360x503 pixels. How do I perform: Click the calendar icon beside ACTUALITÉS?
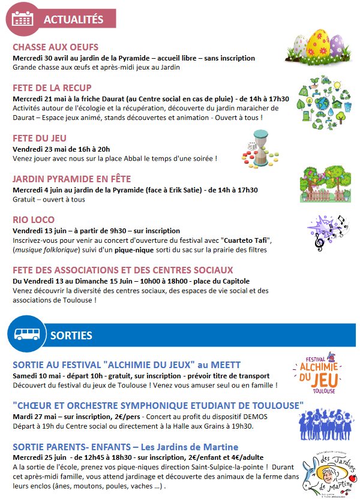click(23, 19)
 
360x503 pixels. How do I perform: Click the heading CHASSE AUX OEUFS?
click(55, 47)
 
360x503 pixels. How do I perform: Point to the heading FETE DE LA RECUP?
click(52, 88)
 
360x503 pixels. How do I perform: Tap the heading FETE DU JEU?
click(40, 138)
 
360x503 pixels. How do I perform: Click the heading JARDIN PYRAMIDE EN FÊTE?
click(71, 179)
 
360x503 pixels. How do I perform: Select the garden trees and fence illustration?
click(325, 182)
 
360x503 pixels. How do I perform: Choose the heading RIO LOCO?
click(34, 220)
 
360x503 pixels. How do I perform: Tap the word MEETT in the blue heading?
click(225, 365)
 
